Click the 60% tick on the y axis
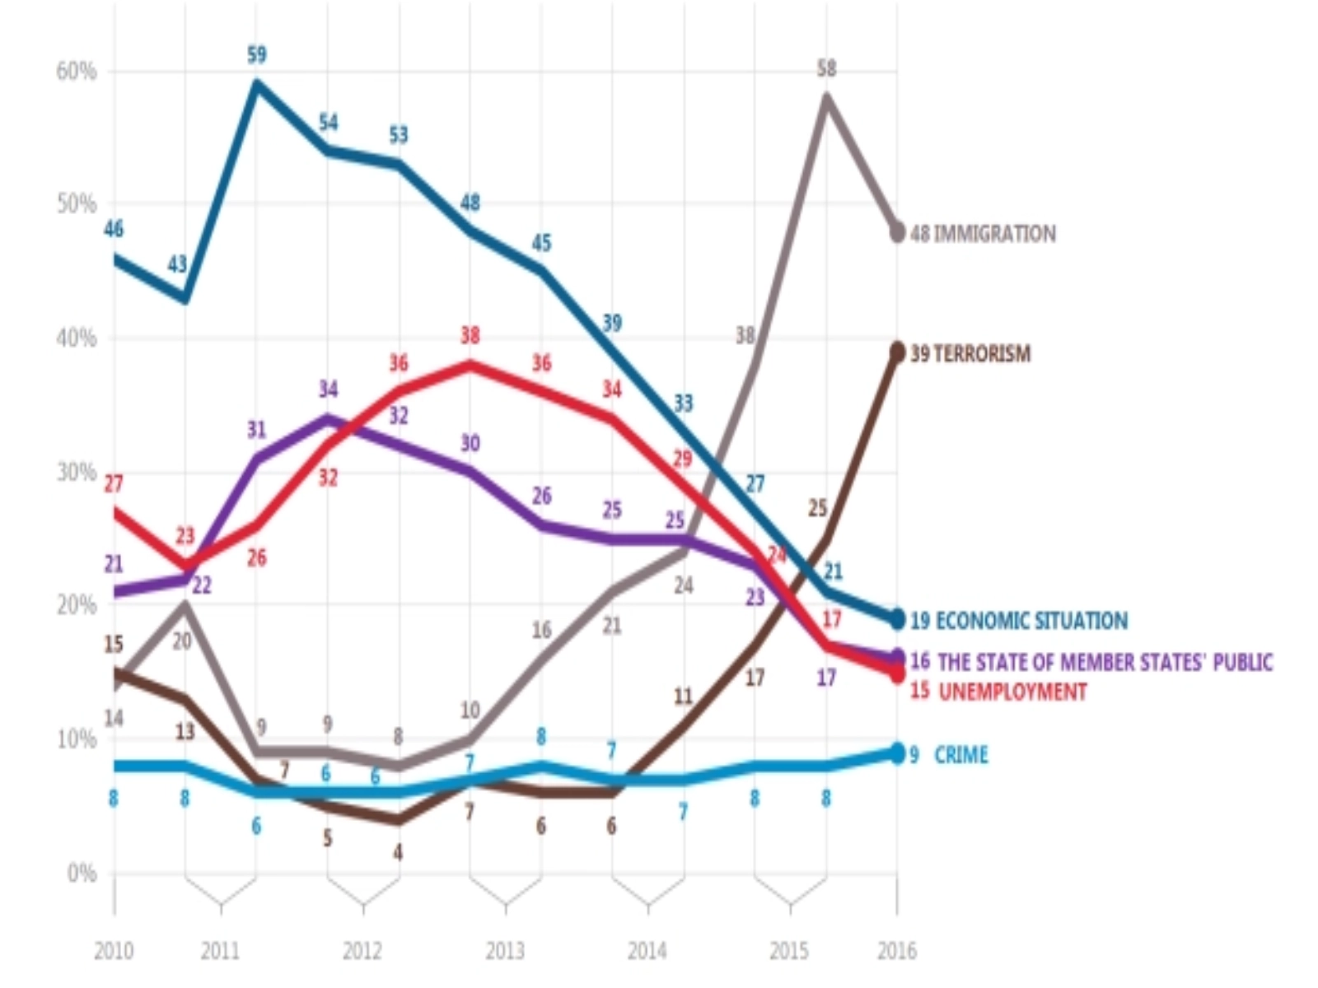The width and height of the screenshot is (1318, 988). coord(77,72)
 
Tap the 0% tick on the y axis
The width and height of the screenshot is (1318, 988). coord(82,873)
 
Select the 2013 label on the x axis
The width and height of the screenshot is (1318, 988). coord(505,952)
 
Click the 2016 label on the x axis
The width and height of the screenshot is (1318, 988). coord(896,952)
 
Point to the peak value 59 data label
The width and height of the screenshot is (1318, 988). coord(257,55)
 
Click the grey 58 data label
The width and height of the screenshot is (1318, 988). coord(826,68)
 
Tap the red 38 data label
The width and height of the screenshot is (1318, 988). coord(470,336)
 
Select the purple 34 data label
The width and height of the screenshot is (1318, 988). coord(328,389)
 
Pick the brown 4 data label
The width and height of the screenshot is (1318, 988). coord(399,852)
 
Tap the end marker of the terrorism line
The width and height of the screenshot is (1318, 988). coord(897,352)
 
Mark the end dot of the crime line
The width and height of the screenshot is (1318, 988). coord(897,753)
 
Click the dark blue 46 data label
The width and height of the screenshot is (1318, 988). coord(114,229)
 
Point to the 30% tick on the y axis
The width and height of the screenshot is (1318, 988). coord(77,473)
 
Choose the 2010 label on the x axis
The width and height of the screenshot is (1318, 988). coord(114,952)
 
